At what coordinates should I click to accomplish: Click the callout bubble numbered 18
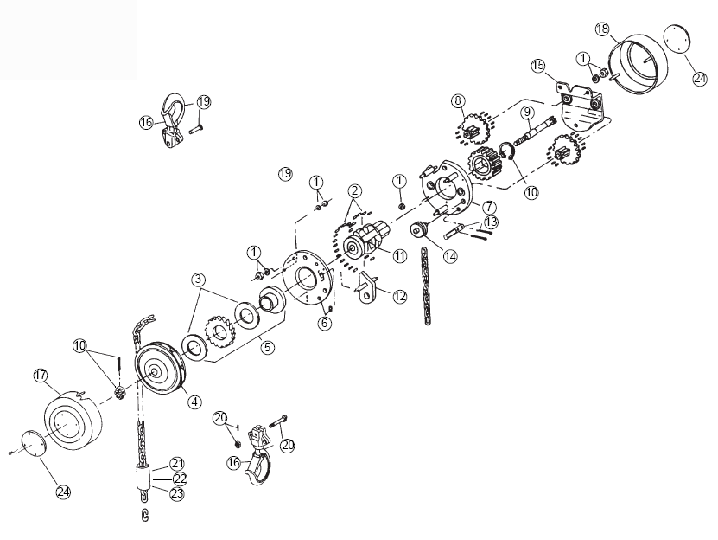coord(602,29)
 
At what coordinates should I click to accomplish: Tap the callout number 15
coord(538,66)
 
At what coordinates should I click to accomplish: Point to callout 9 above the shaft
coord(527,112)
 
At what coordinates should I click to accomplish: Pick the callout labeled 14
coord(449,256)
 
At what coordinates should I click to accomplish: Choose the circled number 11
coord(400,255)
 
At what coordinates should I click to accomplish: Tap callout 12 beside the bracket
coord(400,297)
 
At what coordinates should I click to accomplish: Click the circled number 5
coord(268,347)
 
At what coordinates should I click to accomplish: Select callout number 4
coord(194,402)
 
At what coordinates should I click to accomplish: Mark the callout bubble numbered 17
coord(41,376)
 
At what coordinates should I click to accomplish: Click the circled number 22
coord(180,479)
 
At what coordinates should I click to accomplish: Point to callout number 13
coord(491,222)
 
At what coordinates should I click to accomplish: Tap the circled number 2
coord(354,190)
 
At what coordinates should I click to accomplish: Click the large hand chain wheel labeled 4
coord(162,367)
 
